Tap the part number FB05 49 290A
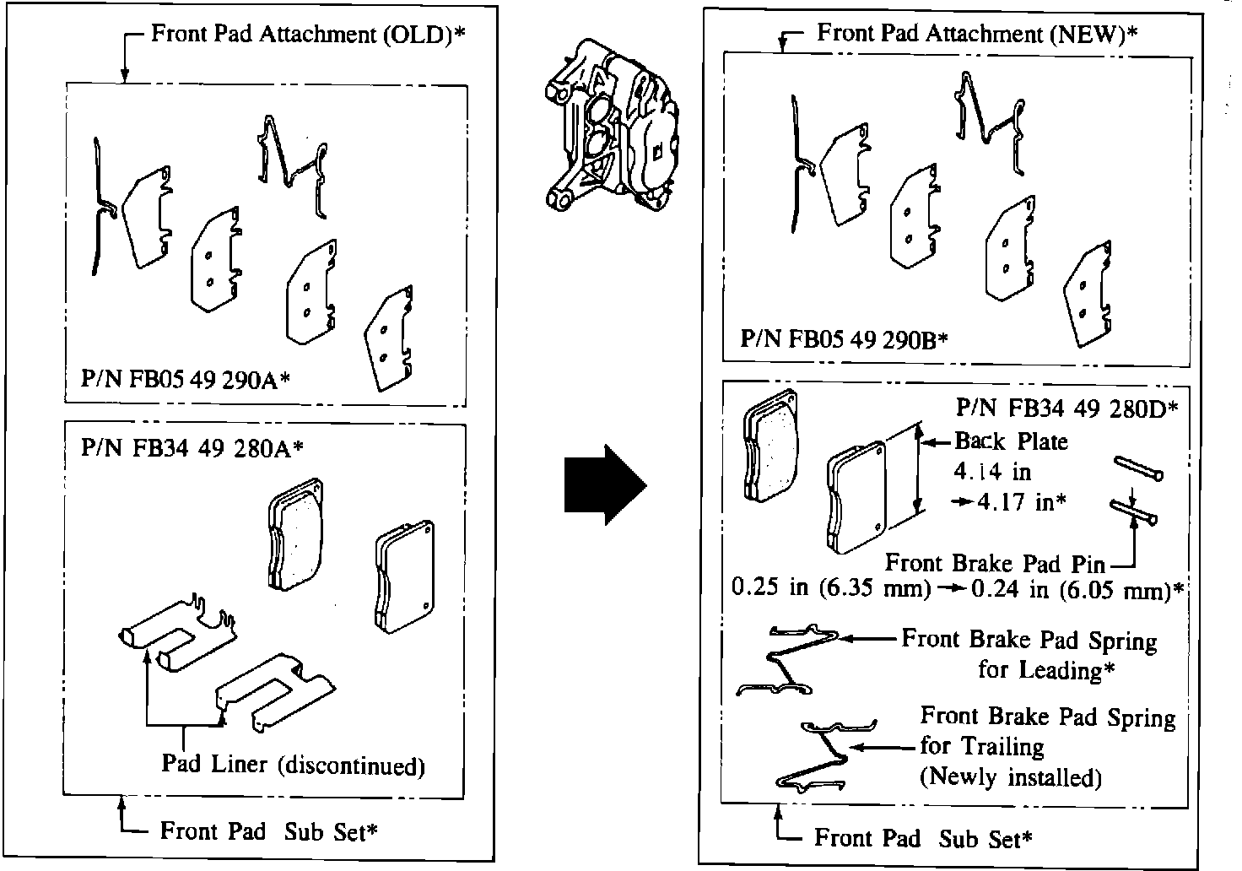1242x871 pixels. pos(186,379)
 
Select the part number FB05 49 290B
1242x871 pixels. pos(844,339)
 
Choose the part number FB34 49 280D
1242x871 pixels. pos(1066,408)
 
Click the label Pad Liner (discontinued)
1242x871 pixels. pos(293,765)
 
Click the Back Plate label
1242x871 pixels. pos(1011,441)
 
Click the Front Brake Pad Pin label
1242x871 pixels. pos(995,563)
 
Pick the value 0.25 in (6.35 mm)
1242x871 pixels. pos(831,588)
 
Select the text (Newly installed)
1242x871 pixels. pos(1010,776)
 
